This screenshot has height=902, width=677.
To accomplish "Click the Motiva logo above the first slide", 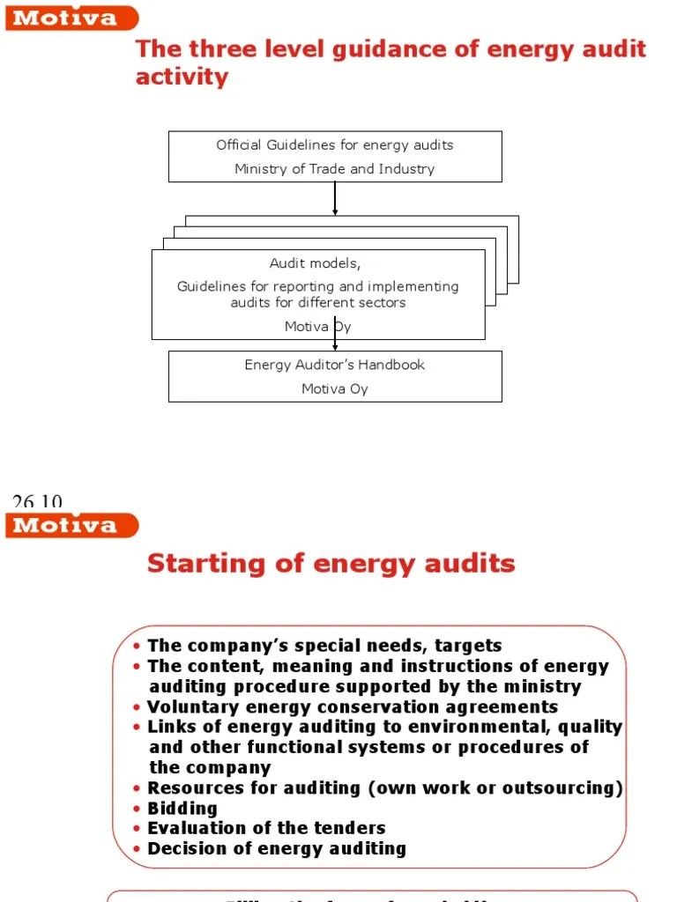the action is pos(71,18).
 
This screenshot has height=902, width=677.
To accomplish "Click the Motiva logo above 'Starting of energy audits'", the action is pos(71,526).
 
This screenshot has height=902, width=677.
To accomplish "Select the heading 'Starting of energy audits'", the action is pos(331,563).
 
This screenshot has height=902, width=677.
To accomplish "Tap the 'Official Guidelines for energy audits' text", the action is pos(335,144).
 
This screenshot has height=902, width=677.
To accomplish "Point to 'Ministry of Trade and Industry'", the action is pos(335,169).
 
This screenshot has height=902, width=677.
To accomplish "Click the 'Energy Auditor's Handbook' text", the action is pos(335,365).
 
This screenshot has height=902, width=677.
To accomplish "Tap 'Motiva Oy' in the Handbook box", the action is pos(335,388).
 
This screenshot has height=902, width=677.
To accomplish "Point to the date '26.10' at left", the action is pos(37,502).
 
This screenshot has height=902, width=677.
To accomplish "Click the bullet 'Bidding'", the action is pos(182,808).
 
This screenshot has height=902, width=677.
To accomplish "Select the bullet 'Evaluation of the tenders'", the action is pos(266,828).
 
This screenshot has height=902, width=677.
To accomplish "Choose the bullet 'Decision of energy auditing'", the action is pos(277,849).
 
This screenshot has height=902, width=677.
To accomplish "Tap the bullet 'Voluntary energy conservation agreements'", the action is pos(353,706).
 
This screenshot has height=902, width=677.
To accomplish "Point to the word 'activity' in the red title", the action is pos(182,77).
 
